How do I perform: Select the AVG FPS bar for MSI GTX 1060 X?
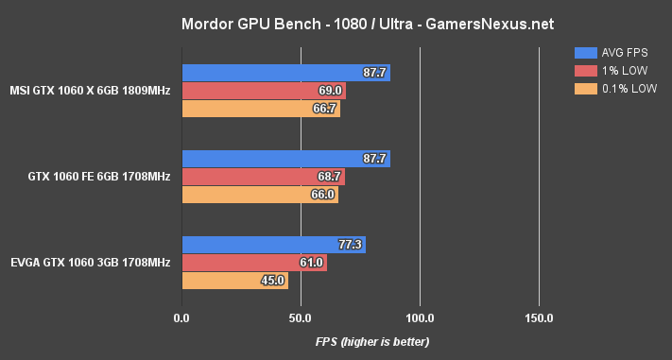click(285, 73)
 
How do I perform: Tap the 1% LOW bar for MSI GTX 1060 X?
click(264, 91)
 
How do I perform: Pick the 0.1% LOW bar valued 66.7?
click(261, 109)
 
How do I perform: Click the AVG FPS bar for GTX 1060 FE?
click(285, 159)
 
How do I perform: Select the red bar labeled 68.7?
click(263, 177)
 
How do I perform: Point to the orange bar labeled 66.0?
click(260, 195)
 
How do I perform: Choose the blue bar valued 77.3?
click(273, 245)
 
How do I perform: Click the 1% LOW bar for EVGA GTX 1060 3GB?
click(254, 263)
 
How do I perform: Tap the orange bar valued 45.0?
click(234, 281)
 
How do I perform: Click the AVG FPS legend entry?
click(615, 52)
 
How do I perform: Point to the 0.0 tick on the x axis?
click(181, 317)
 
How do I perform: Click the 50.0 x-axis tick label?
click(301, 317)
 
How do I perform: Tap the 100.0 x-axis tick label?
click(420, 317)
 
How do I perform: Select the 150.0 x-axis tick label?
click(539, 317)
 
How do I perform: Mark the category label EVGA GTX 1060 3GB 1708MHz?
click(91, 262)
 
